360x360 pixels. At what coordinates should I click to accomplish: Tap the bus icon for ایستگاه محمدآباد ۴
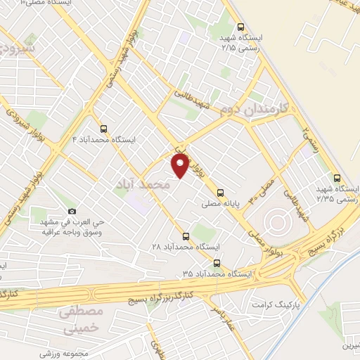(x=104, y=129)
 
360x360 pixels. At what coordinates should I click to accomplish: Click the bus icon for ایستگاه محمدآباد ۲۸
(x=186, y=236)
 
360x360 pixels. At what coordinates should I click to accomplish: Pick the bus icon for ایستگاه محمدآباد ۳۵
(x=216, y=263)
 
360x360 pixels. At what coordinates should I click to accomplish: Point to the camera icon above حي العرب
(x=72, y=211)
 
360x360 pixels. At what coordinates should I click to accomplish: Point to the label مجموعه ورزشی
(x=68, y=353)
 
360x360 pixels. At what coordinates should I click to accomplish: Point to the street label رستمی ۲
(x=309, y=130)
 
